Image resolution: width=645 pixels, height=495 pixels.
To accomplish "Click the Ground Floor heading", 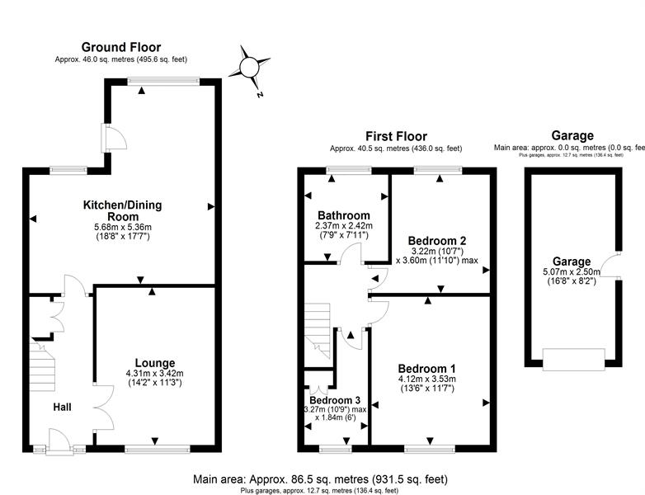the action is (x=121, y=47).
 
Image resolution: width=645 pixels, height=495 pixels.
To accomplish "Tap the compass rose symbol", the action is (x=249, y=67).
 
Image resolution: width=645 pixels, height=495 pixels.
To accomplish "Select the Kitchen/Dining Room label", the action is (x=123, y=210).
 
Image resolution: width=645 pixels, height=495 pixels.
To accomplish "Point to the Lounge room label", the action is (x=155, y=363).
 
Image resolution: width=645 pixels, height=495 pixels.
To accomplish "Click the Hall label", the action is (x=62, y=407).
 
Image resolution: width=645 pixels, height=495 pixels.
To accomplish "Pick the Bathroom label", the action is (x=344, y=215).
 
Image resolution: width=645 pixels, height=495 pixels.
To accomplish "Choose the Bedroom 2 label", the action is (x=437, y=241).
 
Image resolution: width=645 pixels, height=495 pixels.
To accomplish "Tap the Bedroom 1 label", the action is (x=427, y=368).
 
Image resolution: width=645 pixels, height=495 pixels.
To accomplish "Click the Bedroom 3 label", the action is (x=335, y=400).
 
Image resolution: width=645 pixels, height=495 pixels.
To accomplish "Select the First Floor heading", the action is (x=397, y=136).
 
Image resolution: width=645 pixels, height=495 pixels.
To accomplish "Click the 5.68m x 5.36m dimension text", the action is (x=123, y=227).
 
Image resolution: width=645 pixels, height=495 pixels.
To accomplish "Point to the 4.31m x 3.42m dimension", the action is (x=155, y=374).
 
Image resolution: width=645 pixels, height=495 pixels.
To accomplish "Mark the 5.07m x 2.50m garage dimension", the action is (x=572, y=272).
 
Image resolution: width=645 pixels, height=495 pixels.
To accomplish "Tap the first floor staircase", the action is (x=318, y=331).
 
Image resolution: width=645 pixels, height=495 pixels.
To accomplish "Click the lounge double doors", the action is (x=104, y=408).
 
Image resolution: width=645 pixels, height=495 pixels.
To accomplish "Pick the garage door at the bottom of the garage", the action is (x=574, y=360).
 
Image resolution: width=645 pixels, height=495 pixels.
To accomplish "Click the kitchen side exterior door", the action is (x=114, y=138).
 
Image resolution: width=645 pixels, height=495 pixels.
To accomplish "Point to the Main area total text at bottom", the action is (x=321, y=479).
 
